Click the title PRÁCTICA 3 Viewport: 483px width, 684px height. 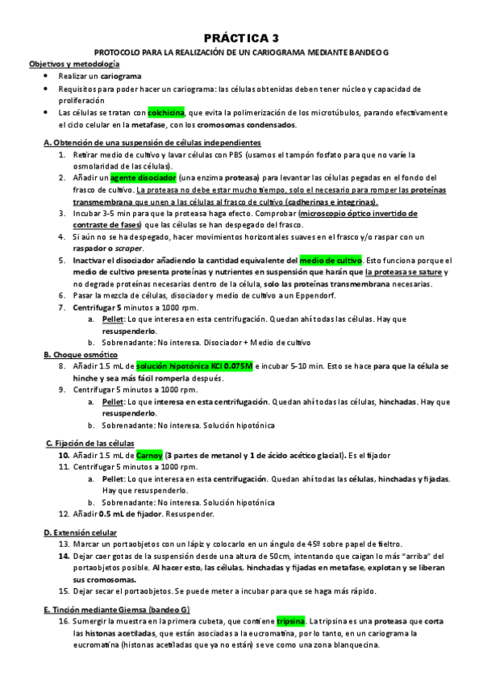241,37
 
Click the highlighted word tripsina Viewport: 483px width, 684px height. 291,622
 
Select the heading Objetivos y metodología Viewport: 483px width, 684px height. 74,63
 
